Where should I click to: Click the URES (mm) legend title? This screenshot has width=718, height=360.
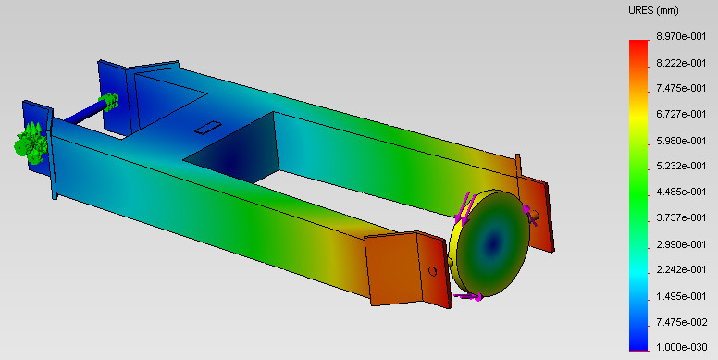[653, 10]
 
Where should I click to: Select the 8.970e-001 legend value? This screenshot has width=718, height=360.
[681, 37]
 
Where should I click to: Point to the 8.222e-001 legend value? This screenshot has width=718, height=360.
[681, 63]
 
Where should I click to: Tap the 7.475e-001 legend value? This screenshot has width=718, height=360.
[681, 88]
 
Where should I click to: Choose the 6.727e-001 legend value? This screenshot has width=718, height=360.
[681, 114]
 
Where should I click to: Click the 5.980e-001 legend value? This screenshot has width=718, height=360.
[681, 141]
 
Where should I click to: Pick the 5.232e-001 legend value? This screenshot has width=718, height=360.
[681, 166]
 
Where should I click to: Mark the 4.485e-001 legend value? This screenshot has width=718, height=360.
[681, 192]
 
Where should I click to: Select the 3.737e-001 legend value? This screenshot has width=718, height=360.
[681, 217]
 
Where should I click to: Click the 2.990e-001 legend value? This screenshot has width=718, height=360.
[681, 244]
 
